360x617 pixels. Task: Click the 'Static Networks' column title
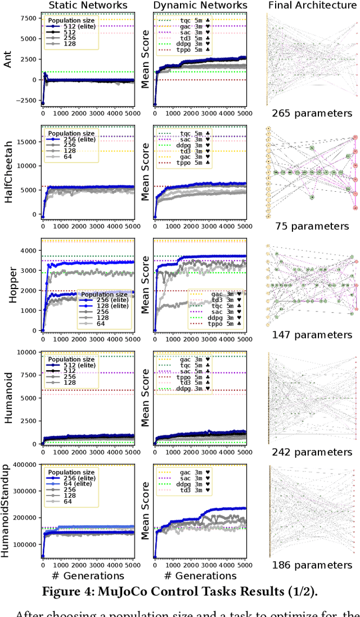[x=88, y=6]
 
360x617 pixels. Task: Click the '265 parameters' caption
[x=312, y=113]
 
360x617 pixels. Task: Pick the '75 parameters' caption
[x=312, y=226]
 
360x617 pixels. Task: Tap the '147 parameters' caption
[x=312, y=335]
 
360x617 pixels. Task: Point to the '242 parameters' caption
[x=312, y=452]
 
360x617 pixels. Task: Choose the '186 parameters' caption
[x=312, y=565]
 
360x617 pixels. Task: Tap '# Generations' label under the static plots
[x=88, y=575]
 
